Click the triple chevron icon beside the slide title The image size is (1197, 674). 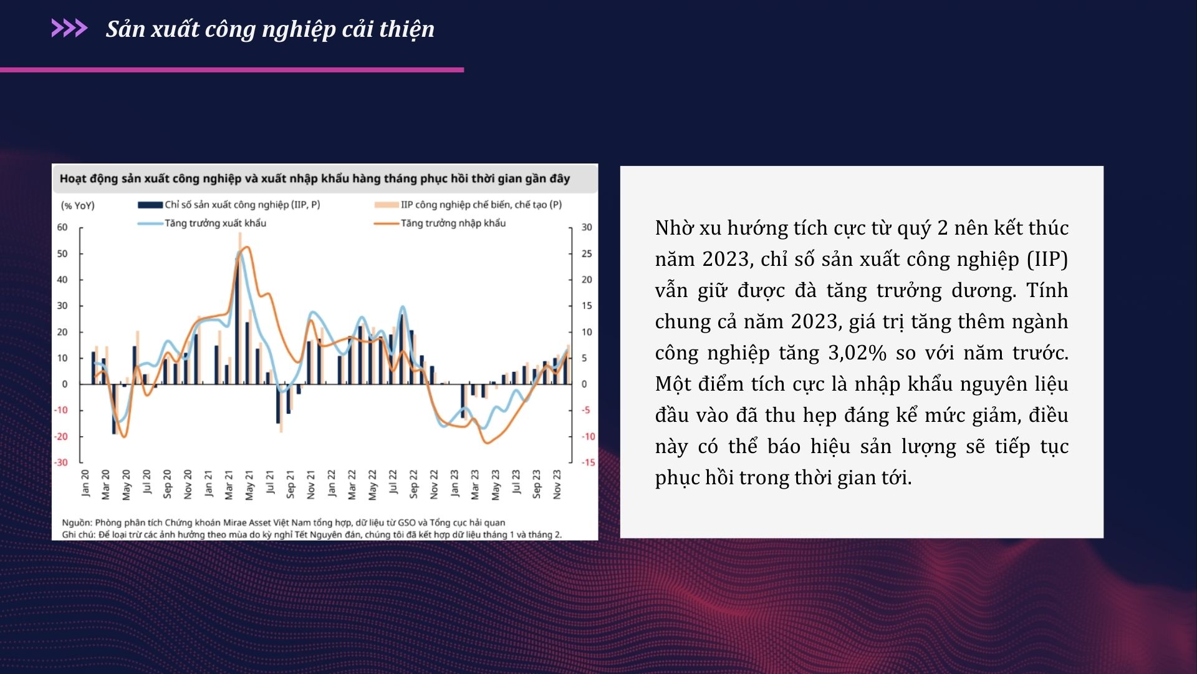69,28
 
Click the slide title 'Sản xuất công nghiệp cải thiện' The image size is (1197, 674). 270,29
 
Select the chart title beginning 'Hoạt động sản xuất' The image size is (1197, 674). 315,178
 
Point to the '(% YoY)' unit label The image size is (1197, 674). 78,205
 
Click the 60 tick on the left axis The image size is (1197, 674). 62,227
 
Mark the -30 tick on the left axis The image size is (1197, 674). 61,462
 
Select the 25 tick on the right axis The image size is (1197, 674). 587,253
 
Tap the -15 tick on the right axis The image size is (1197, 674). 588,462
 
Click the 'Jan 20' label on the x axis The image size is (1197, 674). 85,483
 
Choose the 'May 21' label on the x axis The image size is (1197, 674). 249,485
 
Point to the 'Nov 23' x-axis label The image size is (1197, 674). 557,484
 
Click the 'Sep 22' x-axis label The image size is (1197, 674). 413,484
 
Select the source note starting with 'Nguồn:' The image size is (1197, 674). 284,522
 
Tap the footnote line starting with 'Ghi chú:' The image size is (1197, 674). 312,534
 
